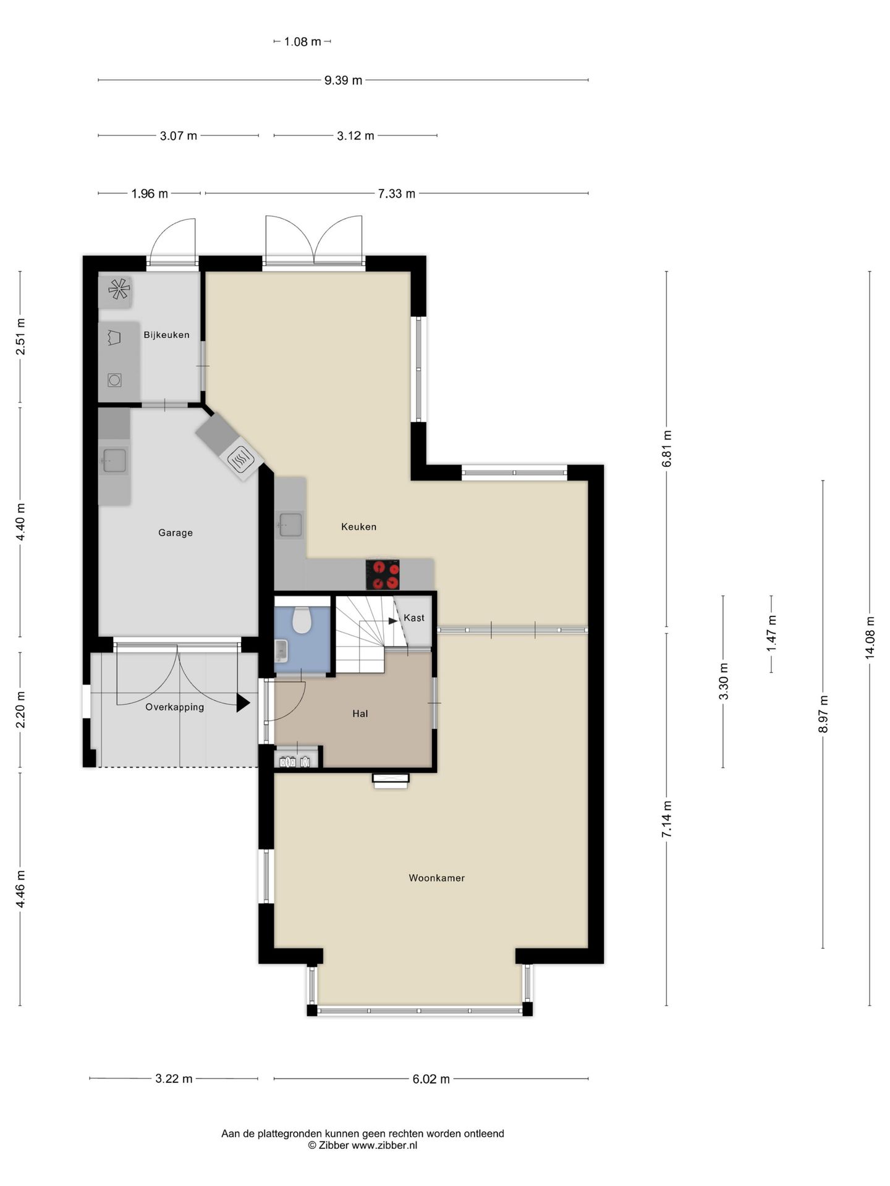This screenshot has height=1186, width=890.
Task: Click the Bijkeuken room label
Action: [x=166, y=335]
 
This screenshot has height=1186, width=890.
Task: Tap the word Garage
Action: [x=176, y=532]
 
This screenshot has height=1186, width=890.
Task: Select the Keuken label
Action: [x=358, y=526]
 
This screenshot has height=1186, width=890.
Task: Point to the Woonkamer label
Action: [x=436, y=878]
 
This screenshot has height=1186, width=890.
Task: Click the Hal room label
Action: [x=360, y=713]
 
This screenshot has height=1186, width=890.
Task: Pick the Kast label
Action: [x=414, y=618]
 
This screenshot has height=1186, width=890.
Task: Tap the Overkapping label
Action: [x=174, y=707]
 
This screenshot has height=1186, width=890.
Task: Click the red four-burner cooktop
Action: [x=383, y=574]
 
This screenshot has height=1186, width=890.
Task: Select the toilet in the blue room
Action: [x=302, y=620]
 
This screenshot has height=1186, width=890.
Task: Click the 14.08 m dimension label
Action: [x=870, y=638]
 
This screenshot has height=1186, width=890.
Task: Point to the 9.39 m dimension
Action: [x=343, y=80]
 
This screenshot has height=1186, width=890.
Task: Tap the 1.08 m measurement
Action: [x=302, y=42]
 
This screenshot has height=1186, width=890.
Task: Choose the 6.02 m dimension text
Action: [x=431, y=1079]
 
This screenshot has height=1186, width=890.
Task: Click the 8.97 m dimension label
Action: [x=823, y=714]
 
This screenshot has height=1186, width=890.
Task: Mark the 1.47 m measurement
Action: [x=771, y=634]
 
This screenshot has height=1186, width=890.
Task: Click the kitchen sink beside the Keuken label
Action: [x=290, y=524]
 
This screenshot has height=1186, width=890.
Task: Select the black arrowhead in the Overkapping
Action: [x=243, y=702]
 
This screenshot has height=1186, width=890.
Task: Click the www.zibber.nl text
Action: [x=384, y=1145]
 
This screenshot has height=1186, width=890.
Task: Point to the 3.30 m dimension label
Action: [x=723, y=681]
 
